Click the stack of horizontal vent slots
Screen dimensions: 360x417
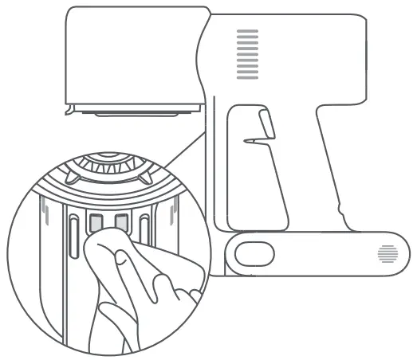pyautogui.click(x=248, y=54)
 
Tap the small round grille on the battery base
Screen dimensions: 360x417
pyautogui.click(x=387, y=254)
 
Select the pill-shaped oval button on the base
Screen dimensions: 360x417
pyautogui.click(x=254, y=252)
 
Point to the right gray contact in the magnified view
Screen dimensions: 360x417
pyautogui.click(x=121, y=221)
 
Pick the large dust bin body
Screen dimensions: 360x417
pyautogui.click(x=132, y=56)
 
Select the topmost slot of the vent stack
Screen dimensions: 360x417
pyautogui.click(x=248, y=32)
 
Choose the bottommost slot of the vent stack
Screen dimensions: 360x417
pyautogui.click(x=248, y=76)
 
